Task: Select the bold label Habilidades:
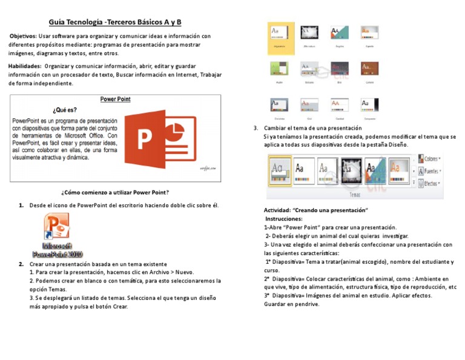tap(25, 65)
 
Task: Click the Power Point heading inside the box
tap(115, 99)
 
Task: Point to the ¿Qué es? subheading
tap(65, 110)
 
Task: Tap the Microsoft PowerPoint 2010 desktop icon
tap(57, 240)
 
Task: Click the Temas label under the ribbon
tap(355, 195)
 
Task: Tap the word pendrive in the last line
tap(306, 304)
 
